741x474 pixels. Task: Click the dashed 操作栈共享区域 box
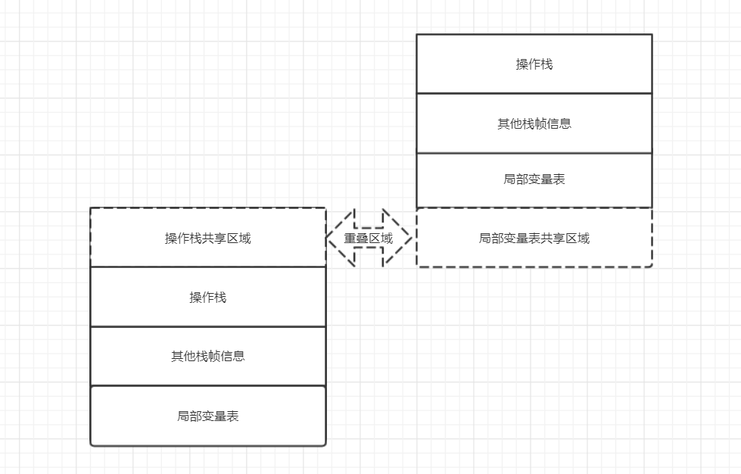click(207, 238)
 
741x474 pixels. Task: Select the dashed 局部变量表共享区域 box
click(534, 238)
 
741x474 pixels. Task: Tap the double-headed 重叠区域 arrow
click(369, 238)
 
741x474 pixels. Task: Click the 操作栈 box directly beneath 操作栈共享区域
click(207, 297)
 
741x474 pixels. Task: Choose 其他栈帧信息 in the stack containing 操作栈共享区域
click(207, 356)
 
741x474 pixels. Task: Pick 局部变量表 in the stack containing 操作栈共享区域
click(207, 416)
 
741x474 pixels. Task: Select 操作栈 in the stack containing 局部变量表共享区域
click(534, 64)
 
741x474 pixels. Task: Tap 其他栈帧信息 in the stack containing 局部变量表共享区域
click(534, 123)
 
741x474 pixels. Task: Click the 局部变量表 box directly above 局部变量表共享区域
click(534, 179)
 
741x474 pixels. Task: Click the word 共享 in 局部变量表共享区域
click(553, 239)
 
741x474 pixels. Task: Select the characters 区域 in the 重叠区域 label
click(381, 238)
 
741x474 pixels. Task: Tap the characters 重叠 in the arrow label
click(356, 238)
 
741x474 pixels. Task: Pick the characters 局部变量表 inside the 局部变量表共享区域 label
click(509, 239)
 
